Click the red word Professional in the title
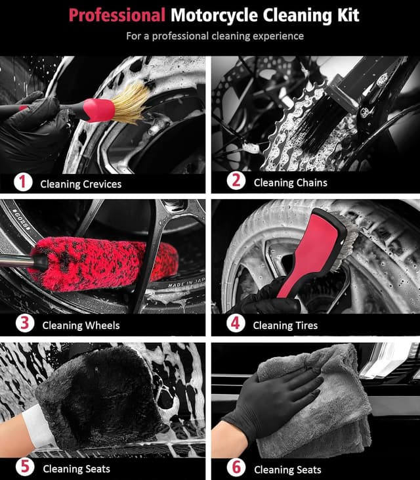point(117,15)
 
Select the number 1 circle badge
point(23,183)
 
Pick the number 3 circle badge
point(23,324)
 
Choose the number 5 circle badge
point(23,468)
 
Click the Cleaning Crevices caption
point(81,184)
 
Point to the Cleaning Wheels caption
point(81,325)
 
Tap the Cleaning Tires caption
point(285,325)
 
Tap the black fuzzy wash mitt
point(98,394)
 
